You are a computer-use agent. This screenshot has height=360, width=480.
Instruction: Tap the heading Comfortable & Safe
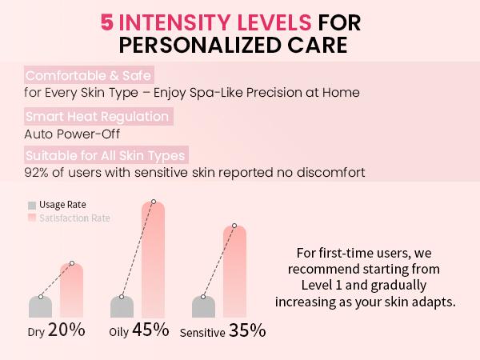[82, 76]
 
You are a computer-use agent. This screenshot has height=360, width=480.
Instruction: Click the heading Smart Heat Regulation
[97, 117]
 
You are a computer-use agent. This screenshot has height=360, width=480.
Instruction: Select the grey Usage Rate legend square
[31, 205]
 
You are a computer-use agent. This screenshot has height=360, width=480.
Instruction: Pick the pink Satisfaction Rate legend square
[31, 218]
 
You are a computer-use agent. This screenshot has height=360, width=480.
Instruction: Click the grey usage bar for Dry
[40, 306]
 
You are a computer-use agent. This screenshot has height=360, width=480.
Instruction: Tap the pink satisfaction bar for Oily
[154, 264]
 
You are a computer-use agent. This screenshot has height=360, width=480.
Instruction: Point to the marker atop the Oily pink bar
[154, 202]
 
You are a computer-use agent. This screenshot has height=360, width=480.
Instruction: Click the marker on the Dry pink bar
[72, 264]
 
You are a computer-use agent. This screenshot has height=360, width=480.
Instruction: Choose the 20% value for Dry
[66, 329]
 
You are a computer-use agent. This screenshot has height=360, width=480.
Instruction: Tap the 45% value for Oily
[151, 329]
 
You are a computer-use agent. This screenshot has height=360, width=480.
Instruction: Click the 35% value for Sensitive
[247, 330]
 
